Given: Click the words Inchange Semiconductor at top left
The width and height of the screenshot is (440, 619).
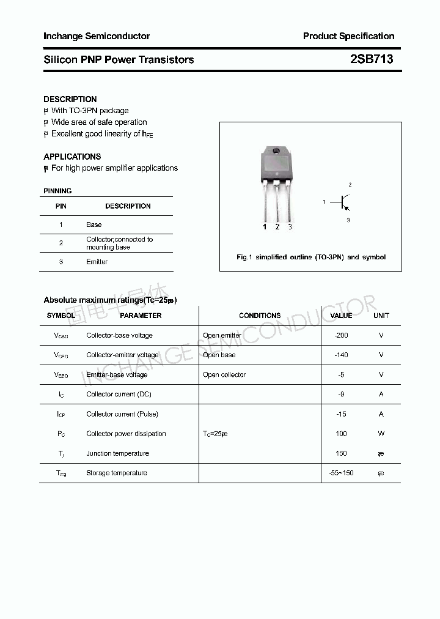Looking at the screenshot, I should coord(97,36).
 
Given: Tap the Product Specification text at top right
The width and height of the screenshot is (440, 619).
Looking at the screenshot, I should coord(348,36).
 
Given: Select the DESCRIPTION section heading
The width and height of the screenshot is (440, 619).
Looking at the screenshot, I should coord(70,99).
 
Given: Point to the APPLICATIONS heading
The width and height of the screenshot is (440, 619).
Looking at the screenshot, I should coord(72,157).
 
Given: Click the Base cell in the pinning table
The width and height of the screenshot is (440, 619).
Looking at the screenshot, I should coord(94,224).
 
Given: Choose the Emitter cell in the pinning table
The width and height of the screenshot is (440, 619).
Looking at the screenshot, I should coord(97,262).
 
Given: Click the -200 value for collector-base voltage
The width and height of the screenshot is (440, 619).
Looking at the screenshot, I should coord(341,335).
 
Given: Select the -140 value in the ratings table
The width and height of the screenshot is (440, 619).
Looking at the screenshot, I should coord(341,355).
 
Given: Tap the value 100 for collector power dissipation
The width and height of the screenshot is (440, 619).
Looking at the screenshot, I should coord(341,434).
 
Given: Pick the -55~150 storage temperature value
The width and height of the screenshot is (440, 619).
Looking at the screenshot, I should coord(341,473).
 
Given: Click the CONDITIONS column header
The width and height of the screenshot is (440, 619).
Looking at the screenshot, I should coord(260,316).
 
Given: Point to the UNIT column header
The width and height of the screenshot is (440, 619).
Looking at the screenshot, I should coord(381,316).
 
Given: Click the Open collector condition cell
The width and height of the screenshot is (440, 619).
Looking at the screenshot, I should coord(224,374).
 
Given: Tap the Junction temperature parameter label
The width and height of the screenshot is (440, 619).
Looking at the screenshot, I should coord(117,453).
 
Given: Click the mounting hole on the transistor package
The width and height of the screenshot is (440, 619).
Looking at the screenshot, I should coord(276,150).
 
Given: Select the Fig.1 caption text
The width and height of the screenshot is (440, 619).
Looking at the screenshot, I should coord(311,257).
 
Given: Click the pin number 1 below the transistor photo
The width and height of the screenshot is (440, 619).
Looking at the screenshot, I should coord(265,227).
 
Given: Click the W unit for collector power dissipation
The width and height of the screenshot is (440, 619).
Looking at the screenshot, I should coord(381,434).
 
